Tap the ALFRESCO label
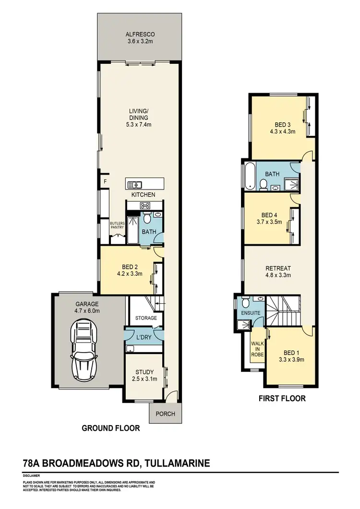(138, 35)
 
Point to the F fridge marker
(105, 182)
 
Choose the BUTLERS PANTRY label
(117, 225)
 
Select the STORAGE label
(145, 318)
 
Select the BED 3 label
(282, 123)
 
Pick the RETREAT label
(278, 268)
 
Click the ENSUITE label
(251, 313)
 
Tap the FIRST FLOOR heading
(282, 398)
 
